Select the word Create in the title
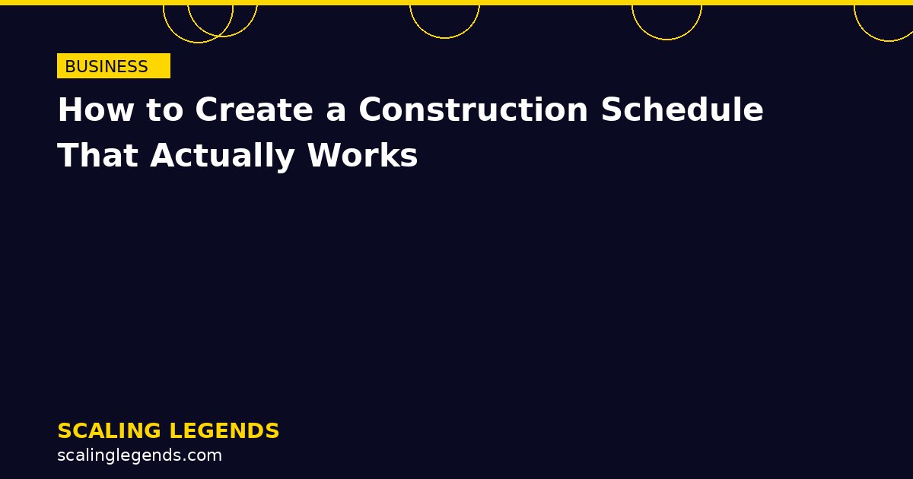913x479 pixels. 253,110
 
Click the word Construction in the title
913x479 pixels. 473,110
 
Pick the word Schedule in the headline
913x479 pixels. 682,110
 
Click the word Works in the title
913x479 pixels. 362,156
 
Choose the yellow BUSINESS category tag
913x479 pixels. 113,66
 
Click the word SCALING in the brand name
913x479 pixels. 108,431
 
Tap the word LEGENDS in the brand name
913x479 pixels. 224,431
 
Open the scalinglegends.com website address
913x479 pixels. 139,455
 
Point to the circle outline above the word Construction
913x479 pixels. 444,37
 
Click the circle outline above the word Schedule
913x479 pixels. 666,39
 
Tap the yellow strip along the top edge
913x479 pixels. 456,2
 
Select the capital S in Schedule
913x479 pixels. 611,110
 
